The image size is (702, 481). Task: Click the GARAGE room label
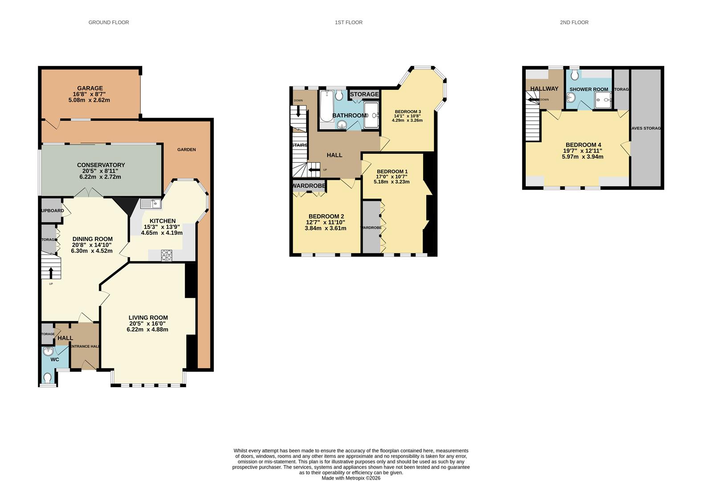[90, 88]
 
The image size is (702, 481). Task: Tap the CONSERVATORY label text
[101, 165]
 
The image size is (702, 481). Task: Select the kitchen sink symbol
[151, 204]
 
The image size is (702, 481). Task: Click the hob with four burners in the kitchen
[167, 255]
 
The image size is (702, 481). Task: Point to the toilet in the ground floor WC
[48, 378]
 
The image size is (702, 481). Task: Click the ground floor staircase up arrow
[51, 272]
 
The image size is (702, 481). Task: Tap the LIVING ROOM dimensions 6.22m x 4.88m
[147, 330]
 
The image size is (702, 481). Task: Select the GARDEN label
[186, 150]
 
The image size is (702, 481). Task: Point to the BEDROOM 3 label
[407, 112]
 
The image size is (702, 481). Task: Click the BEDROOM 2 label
[326, 216]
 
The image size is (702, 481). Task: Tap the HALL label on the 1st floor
[334, 155]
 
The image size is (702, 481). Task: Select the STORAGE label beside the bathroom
[364, 94]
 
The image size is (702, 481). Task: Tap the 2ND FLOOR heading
[574, 22]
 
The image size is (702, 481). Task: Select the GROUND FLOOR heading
[108, 22]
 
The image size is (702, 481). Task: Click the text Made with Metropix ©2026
[351, 478]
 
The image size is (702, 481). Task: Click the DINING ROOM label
[92, 239]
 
